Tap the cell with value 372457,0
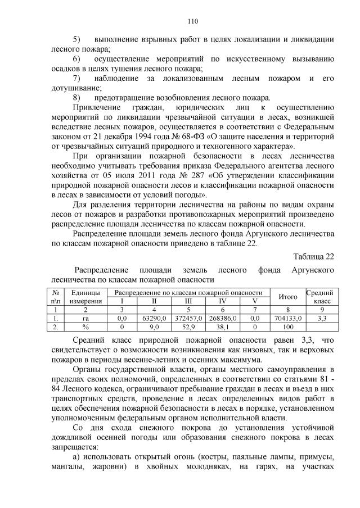click(188, 317)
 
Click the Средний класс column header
click(319, 297)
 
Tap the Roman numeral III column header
click(188, 301)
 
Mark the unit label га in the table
click(85, 317)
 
